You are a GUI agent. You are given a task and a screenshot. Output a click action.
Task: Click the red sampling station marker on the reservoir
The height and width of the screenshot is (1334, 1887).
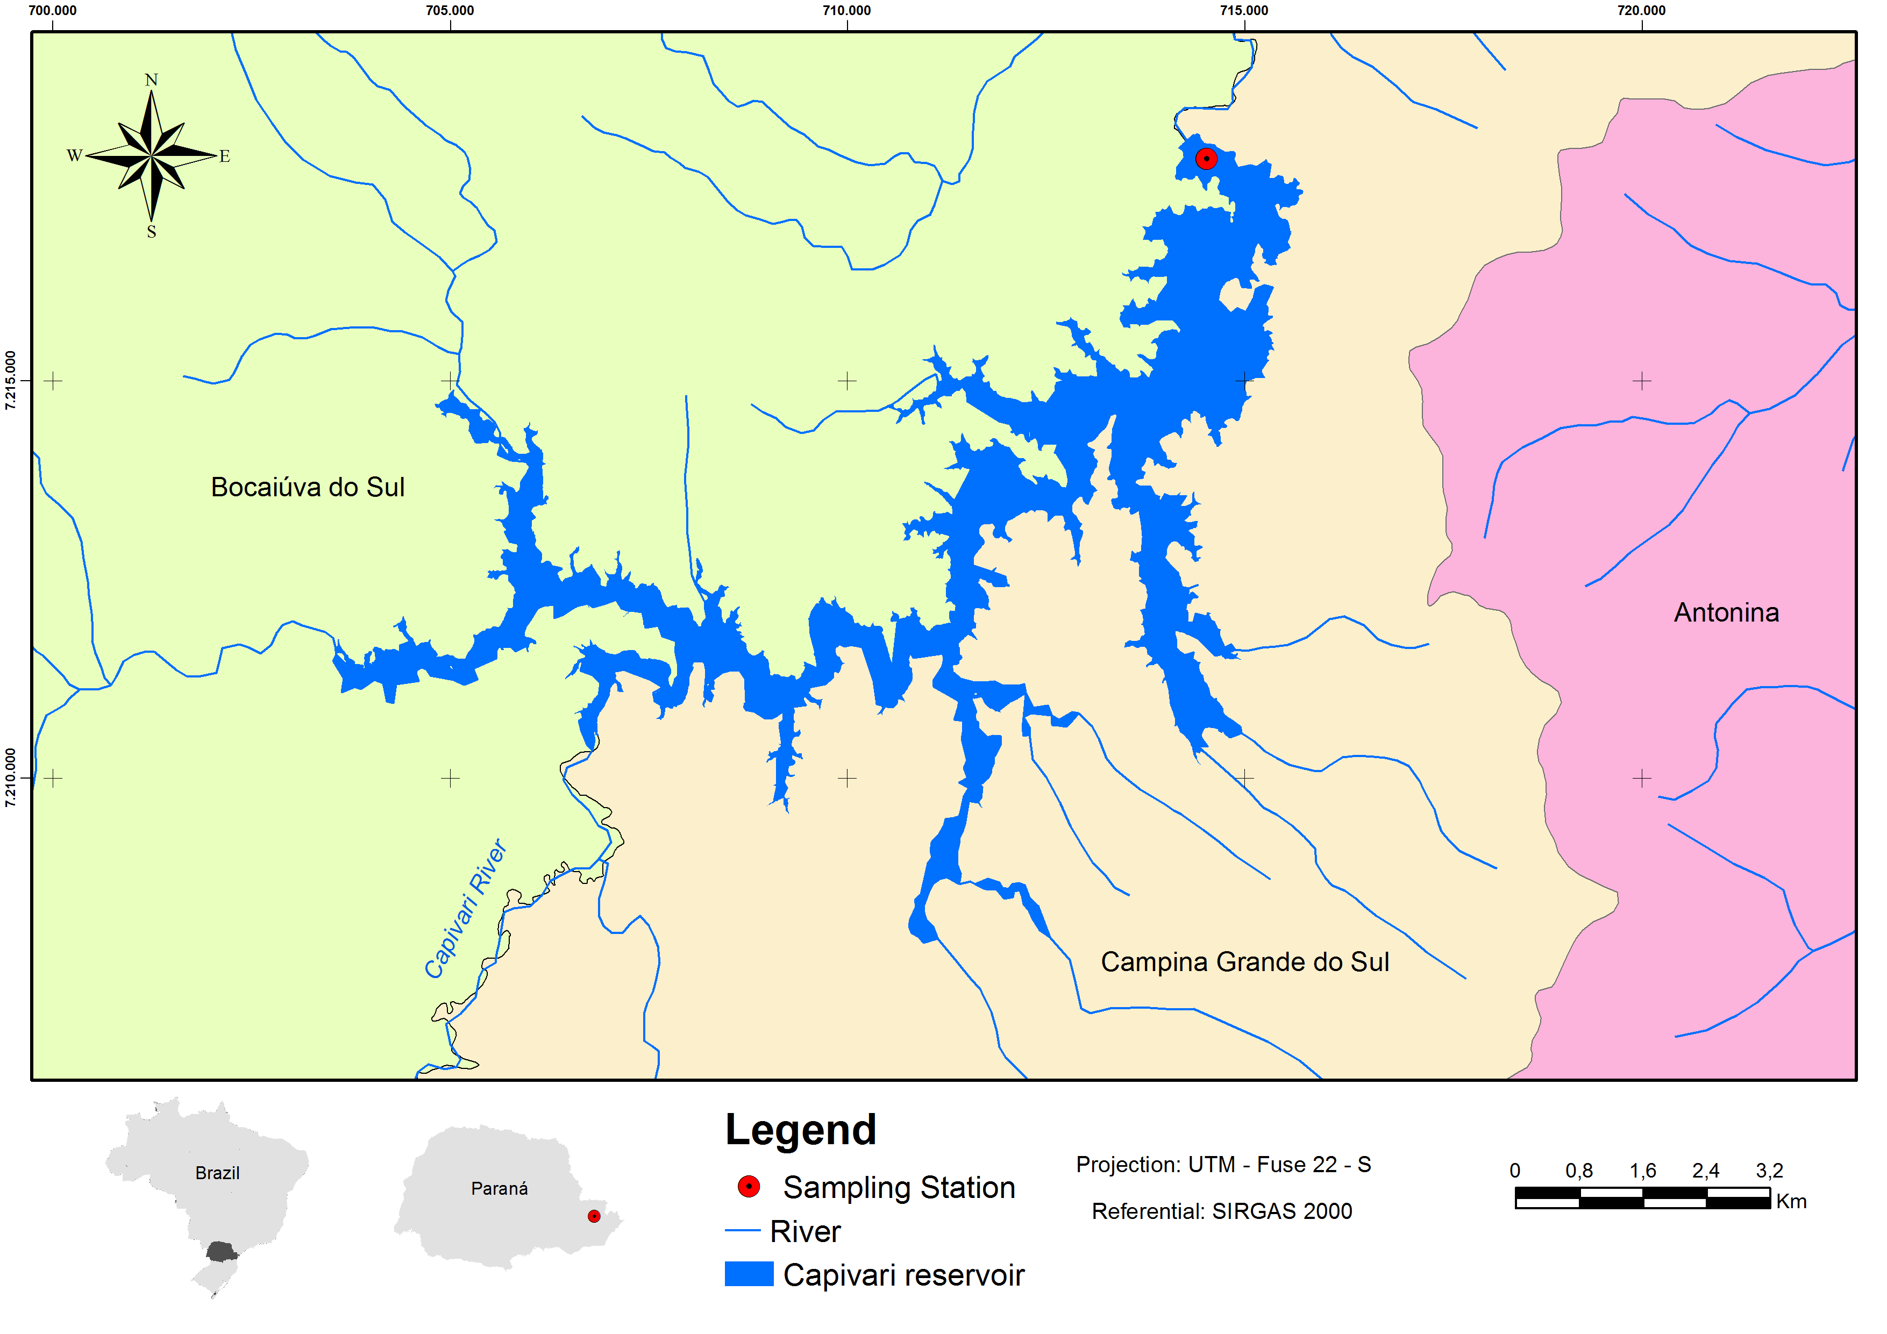[1206, 159]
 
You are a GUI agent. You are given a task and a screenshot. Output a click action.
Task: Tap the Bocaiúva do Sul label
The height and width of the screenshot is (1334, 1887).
[308, 487]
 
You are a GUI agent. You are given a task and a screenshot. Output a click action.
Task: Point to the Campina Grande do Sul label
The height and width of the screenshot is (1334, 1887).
[1244, 962]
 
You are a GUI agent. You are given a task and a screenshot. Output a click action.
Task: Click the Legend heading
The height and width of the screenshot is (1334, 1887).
[801, 1130]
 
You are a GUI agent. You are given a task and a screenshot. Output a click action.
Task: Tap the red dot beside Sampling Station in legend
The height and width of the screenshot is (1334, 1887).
[749, 1186]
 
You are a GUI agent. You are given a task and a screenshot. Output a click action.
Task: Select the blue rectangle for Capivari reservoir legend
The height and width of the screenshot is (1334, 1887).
[749, 1274]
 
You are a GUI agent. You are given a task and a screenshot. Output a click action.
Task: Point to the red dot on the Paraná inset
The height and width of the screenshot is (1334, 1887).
[593, 1216]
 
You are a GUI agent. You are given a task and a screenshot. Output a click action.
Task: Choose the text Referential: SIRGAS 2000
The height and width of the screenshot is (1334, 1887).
[1221, 1211]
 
